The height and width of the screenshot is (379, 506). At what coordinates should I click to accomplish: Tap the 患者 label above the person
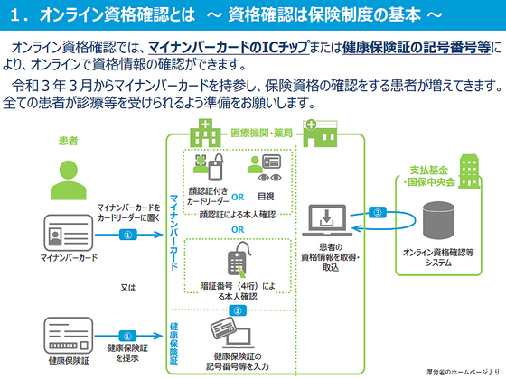pos(67,142)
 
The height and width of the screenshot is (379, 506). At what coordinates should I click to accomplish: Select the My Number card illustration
pos(62,235)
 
